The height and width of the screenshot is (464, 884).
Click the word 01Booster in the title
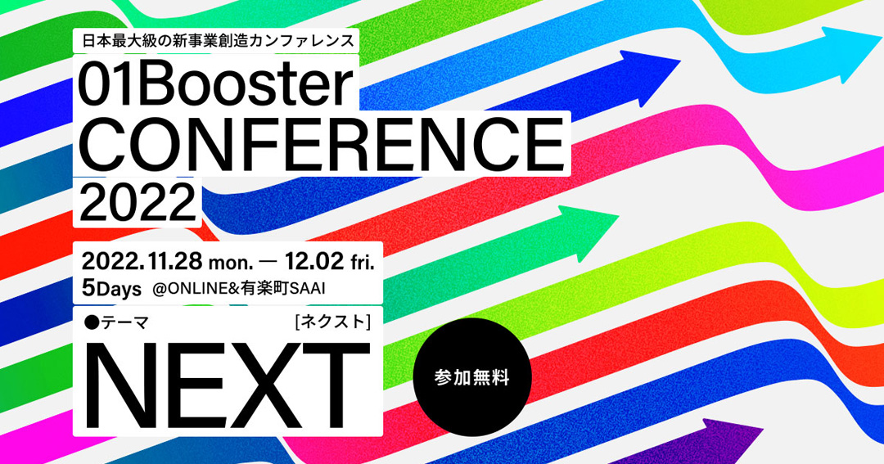(x=215, y=85)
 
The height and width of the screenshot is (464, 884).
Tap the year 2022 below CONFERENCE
(x=137, y=201)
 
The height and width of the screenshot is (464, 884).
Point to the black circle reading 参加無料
(x=472, y=377)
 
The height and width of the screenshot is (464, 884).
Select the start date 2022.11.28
(x=142, y=262)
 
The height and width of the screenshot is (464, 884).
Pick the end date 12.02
(x=314, y=262)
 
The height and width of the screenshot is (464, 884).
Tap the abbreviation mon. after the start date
(x=231, y=264)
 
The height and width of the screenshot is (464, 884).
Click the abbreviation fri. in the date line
(x=363, y=263)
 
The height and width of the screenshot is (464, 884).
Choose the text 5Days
(x=111, y=289)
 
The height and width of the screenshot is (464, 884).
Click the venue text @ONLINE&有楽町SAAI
(x=238, y=289)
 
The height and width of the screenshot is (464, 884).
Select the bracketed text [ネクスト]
(x=332, y=322)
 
